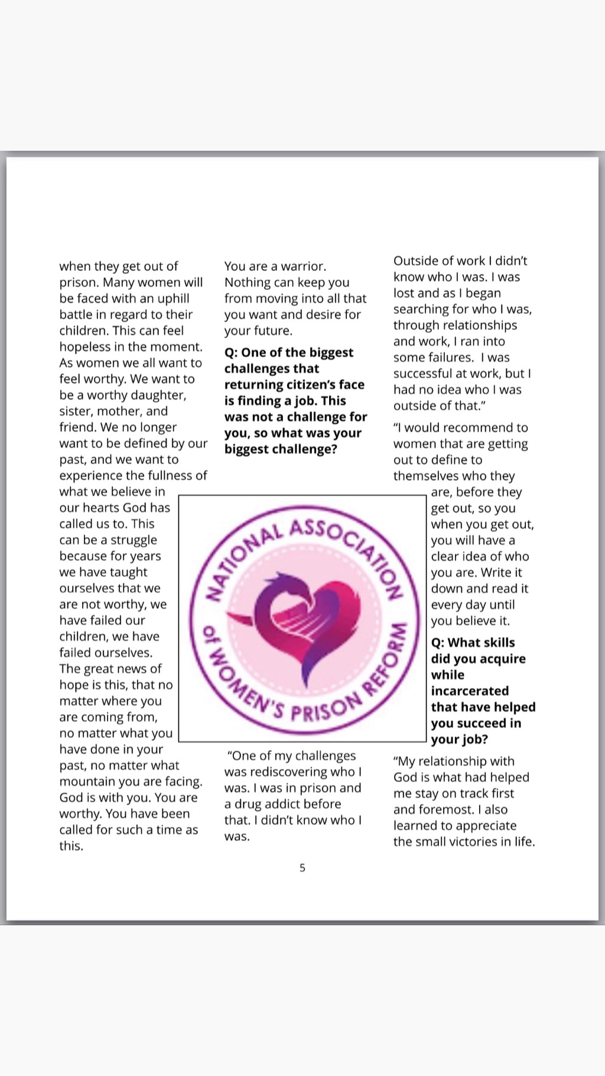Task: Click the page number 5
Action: [302, 868]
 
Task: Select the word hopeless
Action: [85, 347]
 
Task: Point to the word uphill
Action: [173, 299]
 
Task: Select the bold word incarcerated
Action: [470, 691]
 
